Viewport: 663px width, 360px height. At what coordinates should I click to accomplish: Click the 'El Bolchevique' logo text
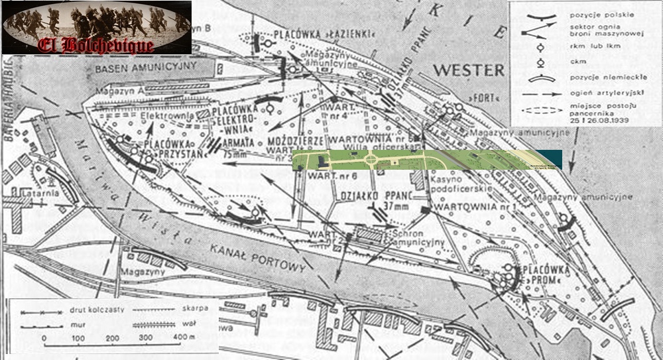[97, 45]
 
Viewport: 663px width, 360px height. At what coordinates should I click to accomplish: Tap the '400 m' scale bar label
[185, 339]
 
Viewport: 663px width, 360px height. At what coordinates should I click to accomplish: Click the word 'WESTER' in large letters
[468, 70]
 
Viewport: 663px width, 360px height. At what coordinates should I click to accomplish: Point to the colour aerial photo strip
[426, 159]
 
